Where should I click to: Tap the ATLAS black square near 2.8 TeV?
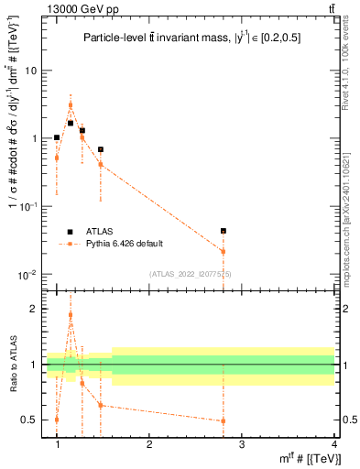224,231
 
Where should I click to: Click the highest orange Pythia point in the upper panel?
71,105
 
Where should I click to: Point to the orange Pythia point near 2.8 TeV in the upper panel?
224,251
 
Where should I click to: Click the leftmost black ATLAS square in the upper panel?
57,137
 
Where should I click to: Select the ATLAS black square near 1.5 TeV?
101,149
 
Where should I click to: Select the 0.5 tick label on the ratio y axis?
29,420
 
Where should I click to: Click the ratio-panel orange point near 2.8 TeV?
224,421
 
